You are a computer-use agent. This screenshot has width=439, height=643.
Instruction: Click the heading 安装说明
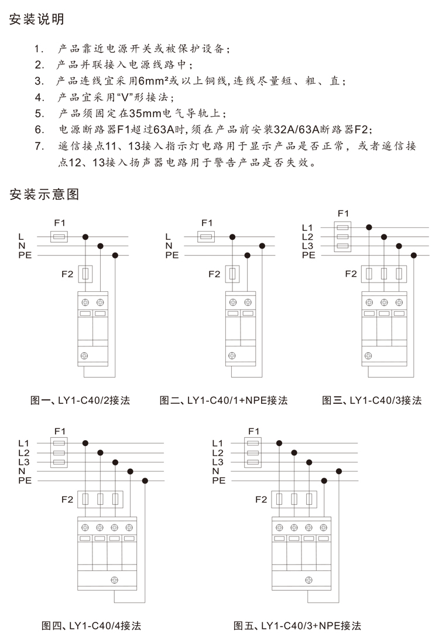(x=36, y=19)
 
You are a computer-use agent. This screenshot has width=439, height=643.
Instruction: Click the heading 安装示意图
(x=44, y=194)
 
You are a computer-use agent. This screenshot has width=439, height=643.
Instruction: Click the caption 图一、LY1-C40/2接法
(x=80, y=400)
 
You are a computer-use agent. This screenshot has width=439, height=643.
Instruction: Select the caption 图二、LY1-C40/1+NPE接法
(x=224, y=400)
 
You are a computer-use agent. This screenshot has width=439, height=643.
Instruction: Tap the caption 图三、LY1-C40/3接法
(x=372, y=400)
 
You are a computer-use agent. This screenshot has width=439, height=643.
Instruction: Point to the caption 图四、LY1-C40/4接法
(x=91, y=625)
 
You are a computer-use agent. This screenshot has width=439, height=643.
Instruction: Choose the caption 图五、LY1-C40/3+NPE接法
(x=297, y=625)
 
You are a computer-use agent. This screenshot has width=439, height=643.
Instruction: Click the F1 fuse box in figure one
(x=59, y=237)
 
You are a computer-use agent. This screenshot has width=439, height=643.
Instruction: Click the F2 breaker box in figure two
(x=232, y=274)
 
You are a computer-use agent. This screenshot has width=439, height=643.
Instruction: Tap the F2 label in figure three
(x=351, y=274)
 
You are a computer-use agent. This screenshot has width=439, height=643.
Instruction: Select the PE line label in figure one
(x=25, y=255)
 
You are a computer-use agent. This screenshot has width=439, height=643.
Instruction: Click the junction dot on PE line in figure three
(x=414, y=255)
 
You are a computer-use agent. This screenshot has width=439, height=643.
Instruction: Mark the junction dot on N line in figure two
(x=262, y=246)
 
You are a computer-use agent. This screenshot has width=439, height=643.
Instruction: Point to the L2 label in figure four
(x=24, y=453)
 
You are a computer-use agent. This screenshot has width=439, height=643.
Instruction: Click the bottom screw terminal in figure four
(x=114, y=580)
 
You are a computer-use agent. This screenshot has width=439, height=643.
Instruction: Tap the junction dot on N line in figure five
(x=339, y=471)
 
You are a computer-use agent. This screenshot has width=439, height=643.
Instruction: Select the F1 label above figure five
(x=254, y=431)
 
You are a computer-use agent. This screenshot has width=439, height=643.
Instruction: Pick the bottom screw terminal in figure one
(x=84, y=356)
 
